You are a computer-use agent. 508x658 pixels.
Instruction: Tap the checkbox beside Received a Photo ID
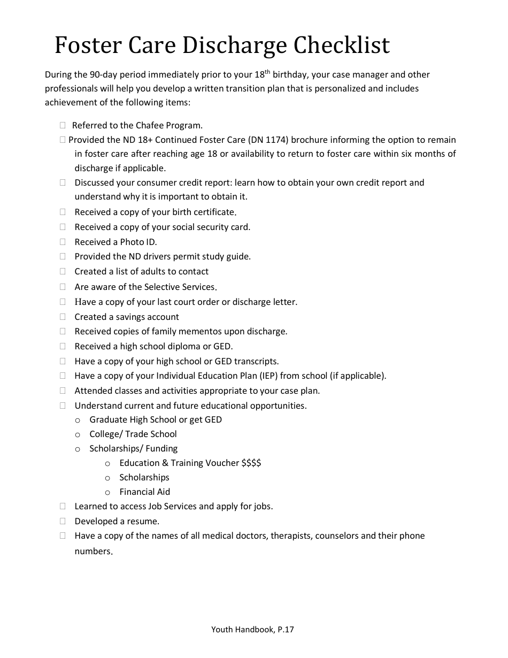coord(63,242)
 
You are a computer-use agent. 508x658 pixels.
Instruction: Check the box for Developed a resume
coord(63,521)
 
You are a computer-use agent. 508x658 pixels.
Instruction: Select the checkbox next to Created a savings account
coord(63,317)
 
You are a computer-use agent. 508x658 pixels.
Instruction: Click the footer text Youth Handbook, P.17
coord(252,630)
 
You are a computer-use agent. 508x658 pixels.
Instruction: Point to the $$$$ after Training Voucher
coord(251,463)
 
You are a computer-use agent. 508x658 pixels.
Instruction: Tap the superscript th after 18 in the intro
coord(267,72)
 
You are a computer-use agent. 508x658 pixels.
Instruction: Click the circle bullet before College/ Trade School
coord(78,435)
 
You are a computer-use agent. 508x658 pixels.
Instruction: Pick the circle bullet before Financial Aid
coord(107,493)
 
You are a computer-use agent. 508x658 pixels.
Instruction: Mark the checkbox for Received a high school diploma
coord(63,346)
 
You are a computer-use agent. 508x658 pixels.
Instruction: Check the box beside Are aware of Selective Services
coord(63,287)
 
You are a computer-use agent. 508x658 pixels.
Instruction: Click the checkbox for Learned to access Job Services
coord(63,506)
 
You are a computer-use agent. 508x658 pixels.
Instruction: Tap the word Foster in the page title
coord(87,45)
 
